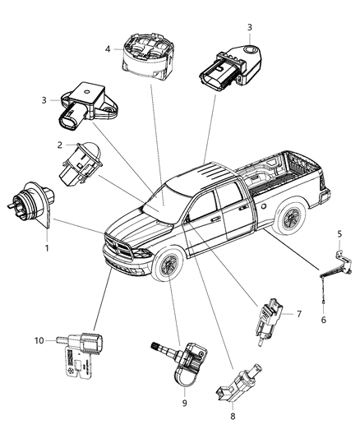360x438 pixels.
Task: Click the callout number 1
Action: [47, 248]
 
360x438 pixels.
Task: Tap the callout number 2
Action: [60, 145]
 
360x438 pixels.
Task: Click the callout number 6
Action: [322, 320]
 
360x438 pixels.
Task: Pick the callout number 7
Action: [299, 315]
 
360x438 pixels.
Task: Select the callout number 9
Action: [185, 403]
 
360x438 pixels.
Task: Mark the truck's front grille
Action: [119, 247]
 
